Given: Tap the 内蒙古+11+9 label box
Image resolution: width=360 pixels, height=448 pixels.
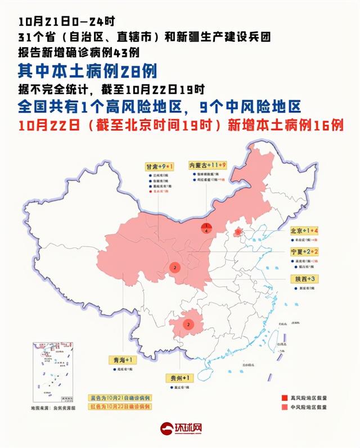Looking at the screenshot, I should point(207,165).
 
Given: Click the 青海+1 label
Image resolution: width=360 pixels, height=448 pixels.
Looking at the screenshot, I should point(122,359).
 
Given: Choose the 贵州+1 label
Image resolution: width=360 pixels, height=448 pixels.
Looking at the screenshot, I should point(181,377).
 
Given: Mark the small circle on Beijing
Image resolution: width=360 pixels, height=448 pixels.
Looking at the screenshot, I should point(238,232).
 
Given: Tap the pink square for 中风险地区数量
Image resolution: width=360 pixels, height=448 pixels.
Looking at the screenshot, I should point(285,408).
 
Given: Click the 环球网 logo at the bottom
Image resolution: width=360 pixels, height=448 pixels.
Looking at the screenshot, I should point(180,429).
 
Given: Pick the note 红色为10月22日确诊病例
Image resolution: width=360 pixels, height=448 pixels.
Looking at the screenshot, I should point(119,406).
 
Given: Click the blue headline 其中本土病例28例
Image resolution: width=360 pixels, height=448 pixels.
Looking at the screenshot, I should point(87,71).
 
